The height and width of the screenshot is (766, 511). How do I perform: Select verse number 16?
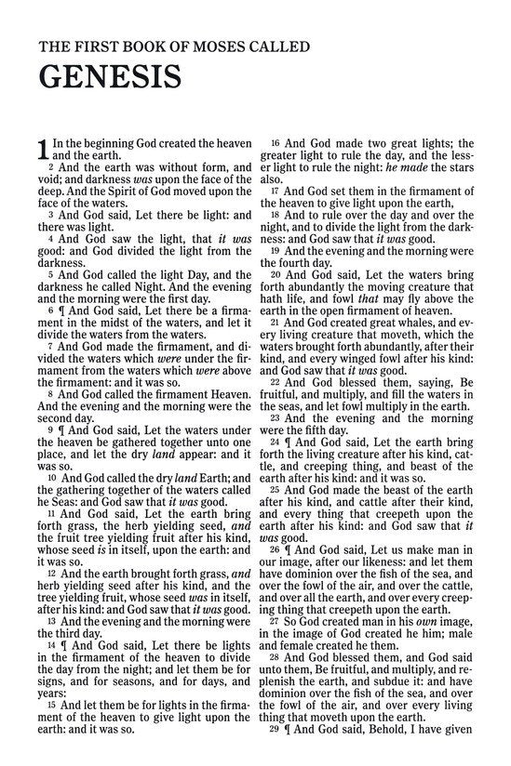[276, 143]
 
